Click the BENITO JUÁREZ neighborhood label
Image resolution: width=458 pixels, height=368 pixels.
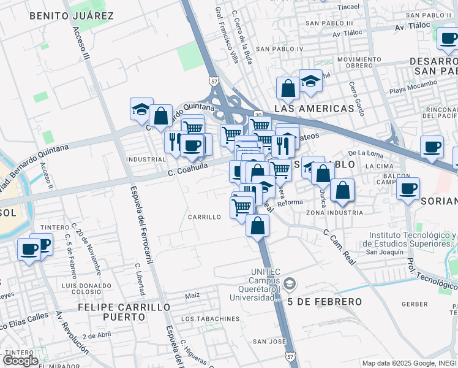[x=71, y=15]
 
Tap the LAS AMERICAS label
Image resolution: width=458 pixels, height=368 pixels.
[x=314, y=109]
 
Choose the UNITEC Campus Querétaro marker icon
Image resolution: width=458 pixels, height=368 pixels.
[x=290, y=283]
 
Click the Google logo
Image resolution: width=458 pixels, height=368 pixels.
[x=20, y=360]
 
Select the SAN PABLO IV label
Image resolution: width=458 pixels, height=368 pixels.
[x=279, y=48]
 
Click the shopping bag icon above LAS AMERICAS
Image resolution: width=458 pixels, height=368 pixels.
[x=288, y=88]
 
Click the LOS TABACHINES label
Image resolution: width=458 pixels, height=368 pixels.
[x=210, y=319]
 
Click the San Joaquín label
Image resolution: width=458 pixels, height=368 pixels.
[x=385, y=252]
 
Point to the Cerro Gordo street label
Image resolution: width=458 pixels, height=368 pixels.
[x=356, y=99]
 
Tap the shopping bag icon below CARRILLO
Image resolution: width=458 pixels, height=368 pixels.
[x=258, y=225]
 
